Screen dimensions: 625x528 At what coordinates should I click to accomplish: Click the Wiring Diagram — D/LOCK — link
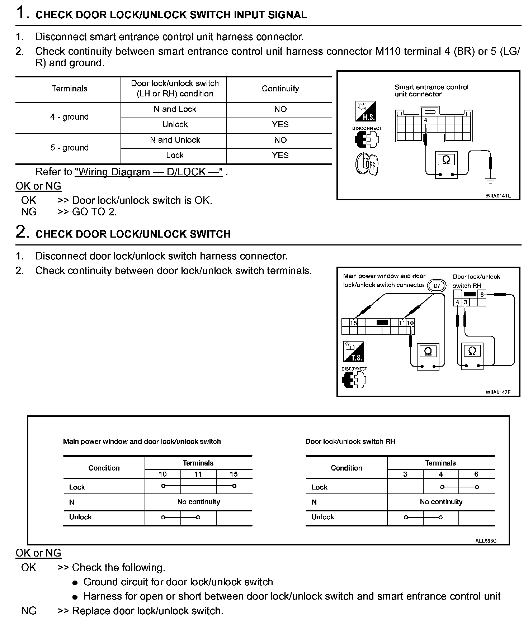coord(149,172)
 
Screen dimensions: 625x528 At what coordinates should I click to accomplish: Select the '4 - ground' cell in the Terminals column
coord(69,117)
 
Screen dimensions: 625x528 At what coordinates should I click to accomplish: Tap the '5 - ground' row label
coord(69,148)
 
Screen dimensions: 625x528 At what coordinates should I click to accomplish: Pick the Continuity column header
coord(280,89)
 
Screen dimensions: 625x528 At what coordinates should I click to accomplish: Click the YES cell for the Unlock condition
coord(280,124)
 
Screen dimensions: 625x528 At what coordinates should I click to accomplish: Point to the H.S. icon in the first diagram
coord(366,111)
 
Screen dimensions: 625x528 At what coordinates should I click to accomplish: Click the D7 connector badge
coord(437,286)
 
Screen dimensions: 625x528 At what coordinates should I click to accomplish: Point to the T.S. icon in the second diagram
coord(354,352)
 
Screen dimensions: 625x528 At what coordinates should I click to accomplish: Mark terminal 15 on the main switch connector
coord(354,323)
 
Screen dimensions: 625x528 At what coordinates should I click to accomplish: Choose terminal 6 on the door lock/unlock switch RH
coord(482,295)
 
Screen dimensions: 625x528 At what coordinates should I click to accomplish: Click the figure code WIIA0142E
coord(498,392)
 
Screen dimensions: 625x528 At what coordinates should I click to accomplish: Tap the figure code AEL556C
coord(486,541)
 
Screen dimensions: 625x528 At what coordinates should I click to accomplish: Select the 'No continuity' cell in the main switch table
coord(198,502)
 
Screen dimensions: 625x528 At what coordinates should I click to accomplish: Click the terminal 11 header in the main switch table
coord(198,474)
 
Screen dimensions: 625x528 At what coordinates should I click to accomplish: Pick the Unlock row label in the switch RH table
coord(323,517)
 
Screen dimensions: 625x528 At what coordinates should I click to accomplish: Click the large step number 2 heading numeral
coord(22,232)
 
